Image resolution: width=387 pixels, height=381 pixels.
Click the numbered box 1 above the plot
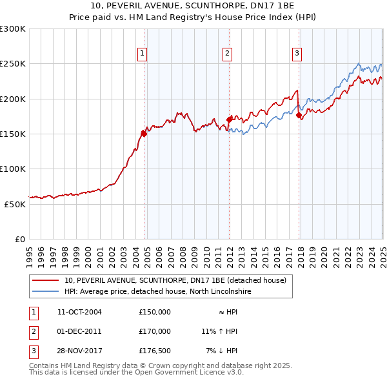[141, 54]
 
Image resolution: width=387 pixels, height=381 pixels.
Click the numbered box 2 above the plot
[228, 54]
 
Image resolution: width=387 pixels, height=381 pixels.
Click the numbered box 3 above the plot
[297, 54]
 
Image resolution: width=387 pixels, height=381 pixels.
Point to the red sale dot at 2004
[144, 134]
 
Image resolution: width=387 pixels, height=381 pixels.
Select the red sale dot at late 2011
[230, 119]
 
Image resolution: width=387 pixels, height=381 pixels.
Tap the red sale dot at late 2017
[299, 116]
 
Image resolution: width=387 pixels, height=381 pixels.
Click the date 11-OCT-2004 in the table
[80, 312]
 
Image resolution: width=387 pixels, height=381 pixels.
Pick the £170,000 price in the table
[155, 331]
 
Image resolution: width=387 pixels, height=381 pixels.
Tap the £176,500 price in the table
[155, 351]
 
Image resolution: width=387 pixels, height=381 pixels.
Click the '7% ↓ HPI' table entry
[222, 351]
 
